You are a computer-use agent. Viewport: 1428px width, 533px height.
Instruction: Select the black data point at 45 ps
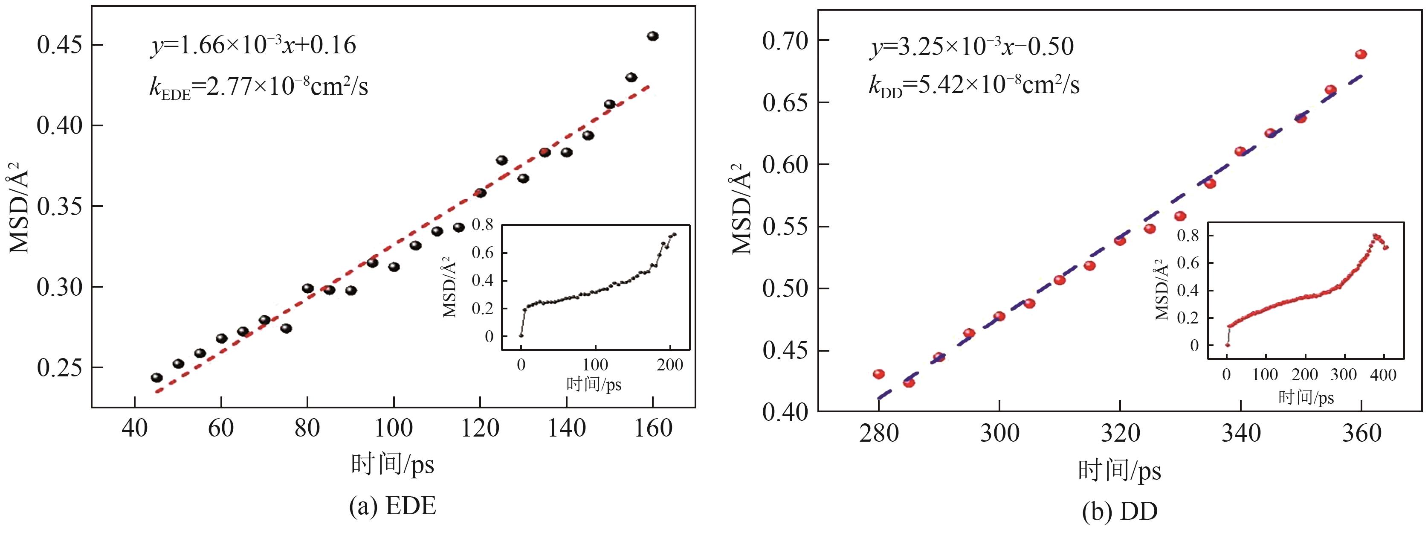157,378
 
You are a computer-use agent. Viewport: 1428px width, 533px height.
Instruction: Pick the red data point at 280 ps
879,374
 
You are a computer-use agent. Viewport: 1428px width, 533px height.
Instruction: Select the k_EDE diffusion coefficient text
258,87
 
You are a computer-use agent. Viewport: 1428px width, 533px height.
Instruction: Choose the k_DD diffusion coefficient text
973,86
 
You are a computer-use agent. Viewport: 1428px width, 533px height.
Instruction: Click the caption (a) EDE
392,506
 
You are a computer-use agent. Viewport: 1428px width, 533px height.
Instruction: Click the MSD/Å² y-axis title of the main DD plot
742,208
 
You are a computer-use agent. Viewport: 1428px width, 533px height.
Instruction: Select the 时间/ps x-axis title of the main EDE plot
392,464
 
